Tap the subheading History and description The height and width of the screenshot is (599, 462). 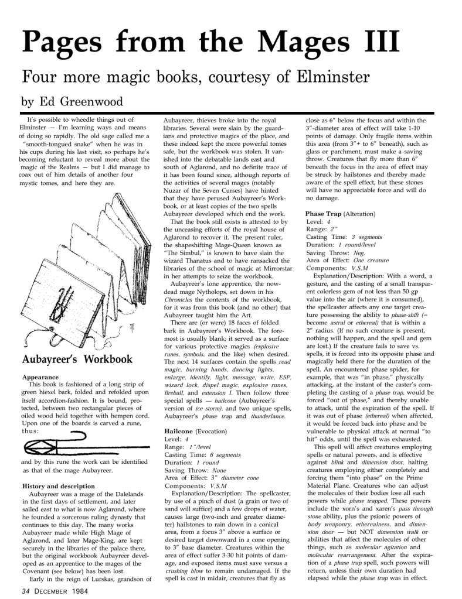(58, 486)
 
